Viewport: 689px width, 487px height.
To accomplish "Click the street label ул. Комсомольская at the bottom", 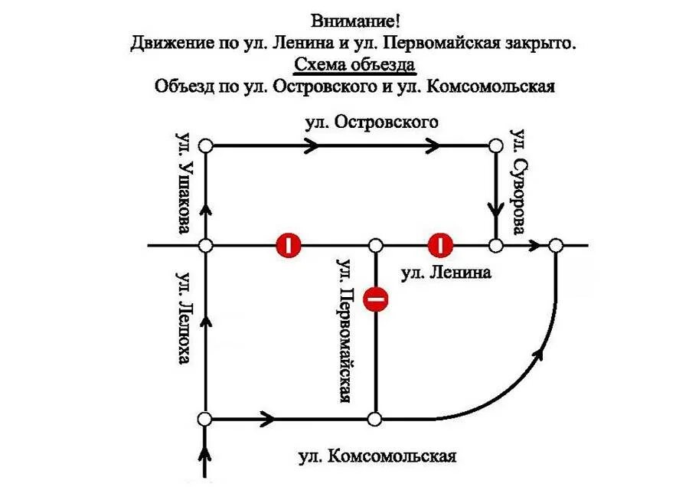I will pos(377,457).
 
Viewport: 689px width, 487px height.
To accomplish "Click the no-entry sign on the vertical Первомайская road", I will pos(376,299).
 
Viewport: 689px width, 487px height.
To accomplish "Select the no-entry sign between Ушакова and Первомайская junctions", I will pos(289,245).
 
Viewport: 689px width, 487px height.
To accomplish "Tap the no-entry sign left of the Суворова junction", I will pos(441,245).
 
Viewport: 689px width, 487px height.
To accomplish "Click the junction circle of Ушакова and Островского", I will pos(205,145).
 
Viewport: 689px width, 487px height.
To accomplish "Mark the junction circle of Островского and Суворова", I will pos(495,145).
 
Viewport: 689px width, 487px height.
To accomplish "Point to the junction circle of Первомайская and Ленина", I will pos(376,245).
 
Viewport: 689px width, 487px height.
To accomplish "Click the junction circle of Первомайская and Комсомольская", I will pos(375,420).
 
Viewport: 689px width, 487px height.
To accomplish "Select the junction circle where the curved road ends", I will pos(556,245).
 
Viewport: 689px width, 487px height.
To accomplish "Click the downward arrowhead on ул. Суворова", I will pos(495,209).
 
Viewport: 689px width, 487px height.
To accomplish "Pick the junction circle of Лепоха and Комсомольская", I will pos(205,420).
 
